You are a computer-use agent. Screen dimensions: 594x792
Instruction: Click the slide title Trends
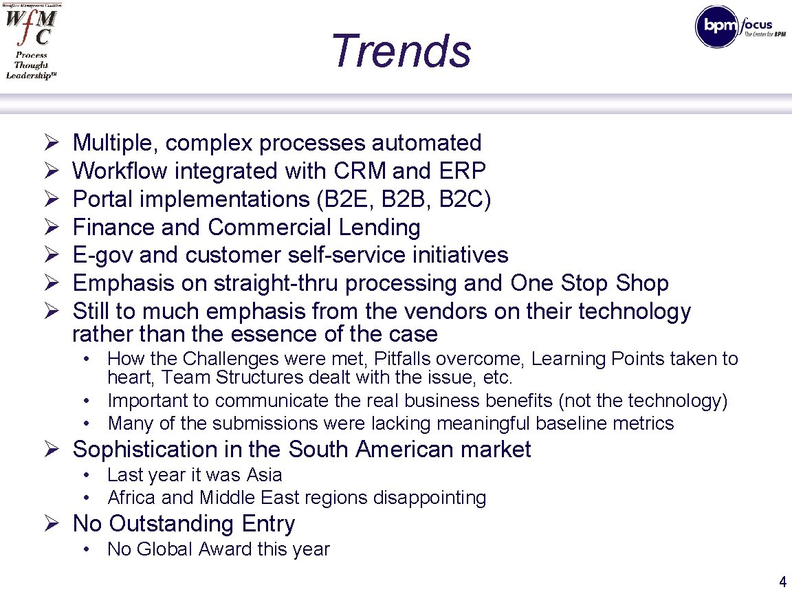401,51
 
